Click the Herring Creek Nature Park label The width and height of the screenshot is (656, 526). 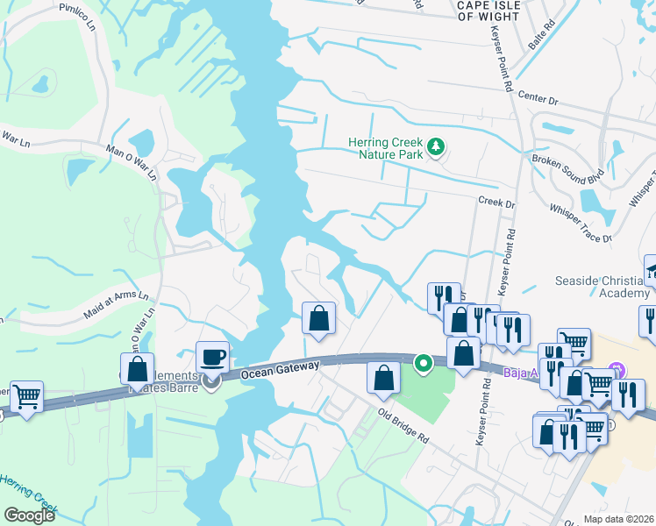tap(385, 148)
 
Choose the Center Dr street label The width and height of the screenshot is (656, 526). tap(538, 98)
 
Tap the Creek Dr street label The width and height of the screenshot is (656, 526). tap(496, 203)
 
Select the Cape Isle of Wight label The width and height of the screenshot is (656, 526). tap(494, 10)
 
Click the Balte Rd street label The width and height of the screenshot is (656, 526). tap(541, 38)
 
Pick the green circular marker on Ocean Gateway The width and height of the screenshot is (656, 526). tap(423, 361)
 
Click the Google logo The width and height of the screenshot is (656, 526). tap(29, 515)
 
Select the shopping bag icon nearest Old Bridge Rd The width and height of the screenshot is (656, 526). tap(383, 378)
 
